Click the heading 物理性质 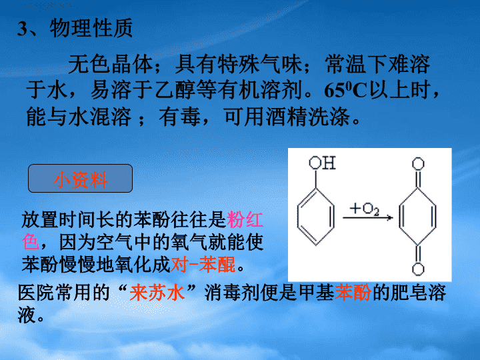(91, 28)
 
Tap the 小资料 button (80, 179)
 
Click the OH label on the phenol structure (322, 163)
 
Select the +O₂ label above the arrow (365, 209)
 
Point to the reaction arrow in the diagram (367, 217)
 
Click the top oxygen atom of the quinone (418, 164)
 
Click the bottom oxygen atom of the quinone (418, 269)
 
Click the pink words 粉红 (245, 219)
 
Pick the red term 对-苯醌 (203, 265)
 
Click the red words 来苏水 (157, 293)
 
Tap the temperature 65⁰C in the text (345, 90)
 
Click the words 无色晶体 (111, 64)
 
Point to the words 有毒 (180, 117)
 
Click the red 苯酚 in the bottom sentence (353, 293)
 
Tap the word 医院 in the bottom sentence (36, 293)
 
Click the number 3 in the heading (23, 29)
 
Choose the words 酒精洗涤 (307, 117)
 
